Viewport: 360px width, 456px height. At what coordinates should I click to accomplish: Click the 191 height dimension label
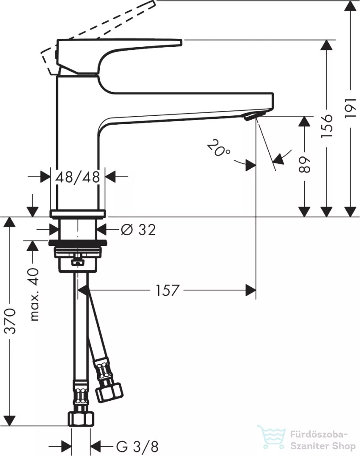click(350, 108)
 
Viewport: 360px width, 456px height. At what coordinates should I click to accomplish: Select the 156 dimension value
click(327, 126)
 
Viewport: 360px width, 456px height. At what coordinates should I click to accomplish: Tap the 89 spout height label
click(304, 165)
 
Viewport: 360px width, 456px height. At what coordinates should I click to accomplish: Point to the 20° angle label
click(219, 148)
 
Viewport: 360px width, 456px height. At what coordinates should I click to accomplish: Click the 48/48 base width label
click(78, 177)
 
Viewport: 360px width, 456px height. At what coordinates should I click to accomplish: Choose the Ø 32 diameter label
click(138, 230)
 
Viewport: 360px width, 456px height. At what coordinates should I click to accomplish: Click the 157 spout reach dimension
click(168, 290)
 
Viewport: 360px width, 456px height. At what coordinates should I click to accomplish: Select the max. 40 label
click(35, 294)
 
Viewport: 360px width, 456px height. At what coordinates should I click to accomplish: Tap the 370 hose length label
click(11, 321)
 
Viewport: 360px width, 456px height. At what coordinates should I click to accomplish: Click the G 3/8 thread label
click(137, 446)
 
